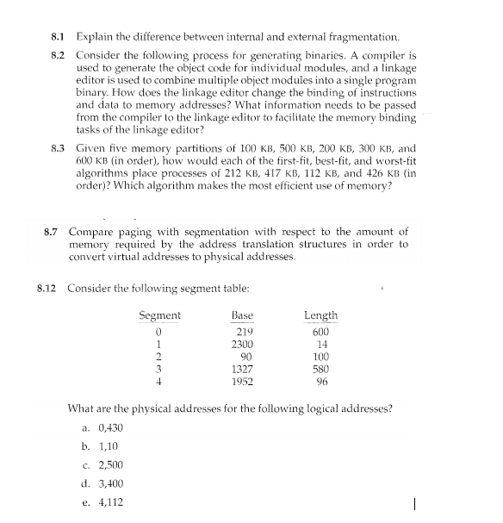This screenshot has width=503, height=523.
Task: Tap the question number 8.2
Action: (59, 55)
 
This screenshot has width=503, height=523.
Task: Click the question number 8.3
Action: (59, 147)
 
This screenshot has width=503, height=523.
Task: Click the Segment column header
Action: (159, 315)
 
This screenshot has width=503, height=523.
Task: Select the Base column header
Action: (242, 315)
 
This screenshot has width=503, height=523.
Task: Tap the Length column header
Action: (320, 315)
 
